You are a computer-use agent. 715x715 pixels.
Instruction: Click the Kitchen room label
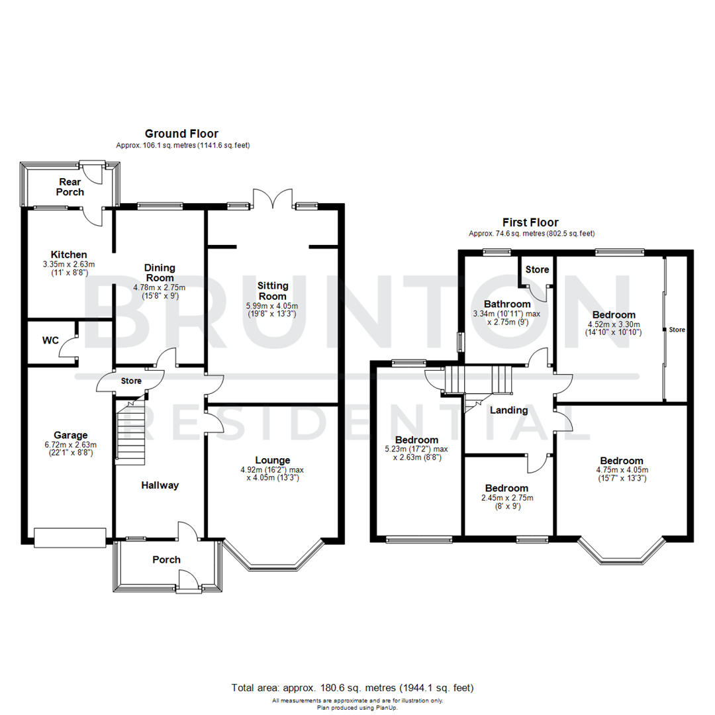pos(70,254)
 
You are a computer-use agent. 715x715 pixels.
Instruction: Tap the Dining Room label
pos(160,273)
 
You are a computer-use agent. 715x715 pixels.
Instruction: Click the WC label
pos(50,340)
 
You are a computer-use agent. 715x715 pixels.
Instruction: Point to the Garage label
pos(71,435)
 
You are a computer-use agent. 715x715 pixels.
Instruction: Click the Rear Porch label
pos(71,187)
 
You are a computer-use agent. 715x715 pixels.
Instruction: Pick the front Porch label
pos(166,559)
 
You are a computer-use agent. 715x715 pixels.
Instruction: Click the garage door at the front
pos(70,538)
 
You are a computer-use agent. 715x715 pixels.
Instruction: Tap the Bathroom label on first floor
pos(507,304)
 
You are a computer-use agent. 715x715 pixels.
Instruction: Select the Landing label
pos(508,410)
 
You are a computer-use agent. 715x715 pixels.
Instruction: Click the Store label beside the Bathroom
pos(536,269)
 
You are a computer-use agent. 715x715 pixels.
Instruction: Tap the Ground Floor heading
pos(181,134)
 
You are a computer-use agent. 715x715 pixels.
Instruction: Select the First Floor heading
pos(531,222)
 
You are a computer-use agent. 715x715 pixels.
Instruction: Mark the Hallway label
pos(160,485)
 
